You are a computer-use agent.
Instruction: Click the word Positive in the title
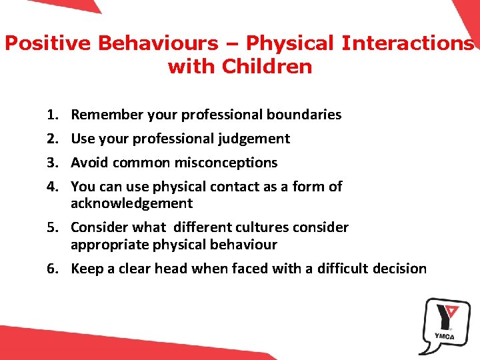[x=48, y=43]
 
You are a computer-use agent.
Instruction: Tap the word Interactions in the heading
[x=408, y=43]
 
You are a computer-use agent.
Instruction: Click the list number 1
[x=54, y=115]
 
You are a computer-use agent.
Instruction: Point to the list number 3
[x=54, y=163]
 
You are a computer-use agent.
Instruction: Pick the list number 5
[x=54, y=227]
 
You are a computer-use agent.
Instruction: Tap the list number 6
[x=54, y=269]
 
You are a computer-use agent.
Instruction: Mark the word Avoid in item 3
[x=90, y=163]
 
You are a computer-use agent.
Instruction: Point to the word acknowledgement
[x=131, y=203]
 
